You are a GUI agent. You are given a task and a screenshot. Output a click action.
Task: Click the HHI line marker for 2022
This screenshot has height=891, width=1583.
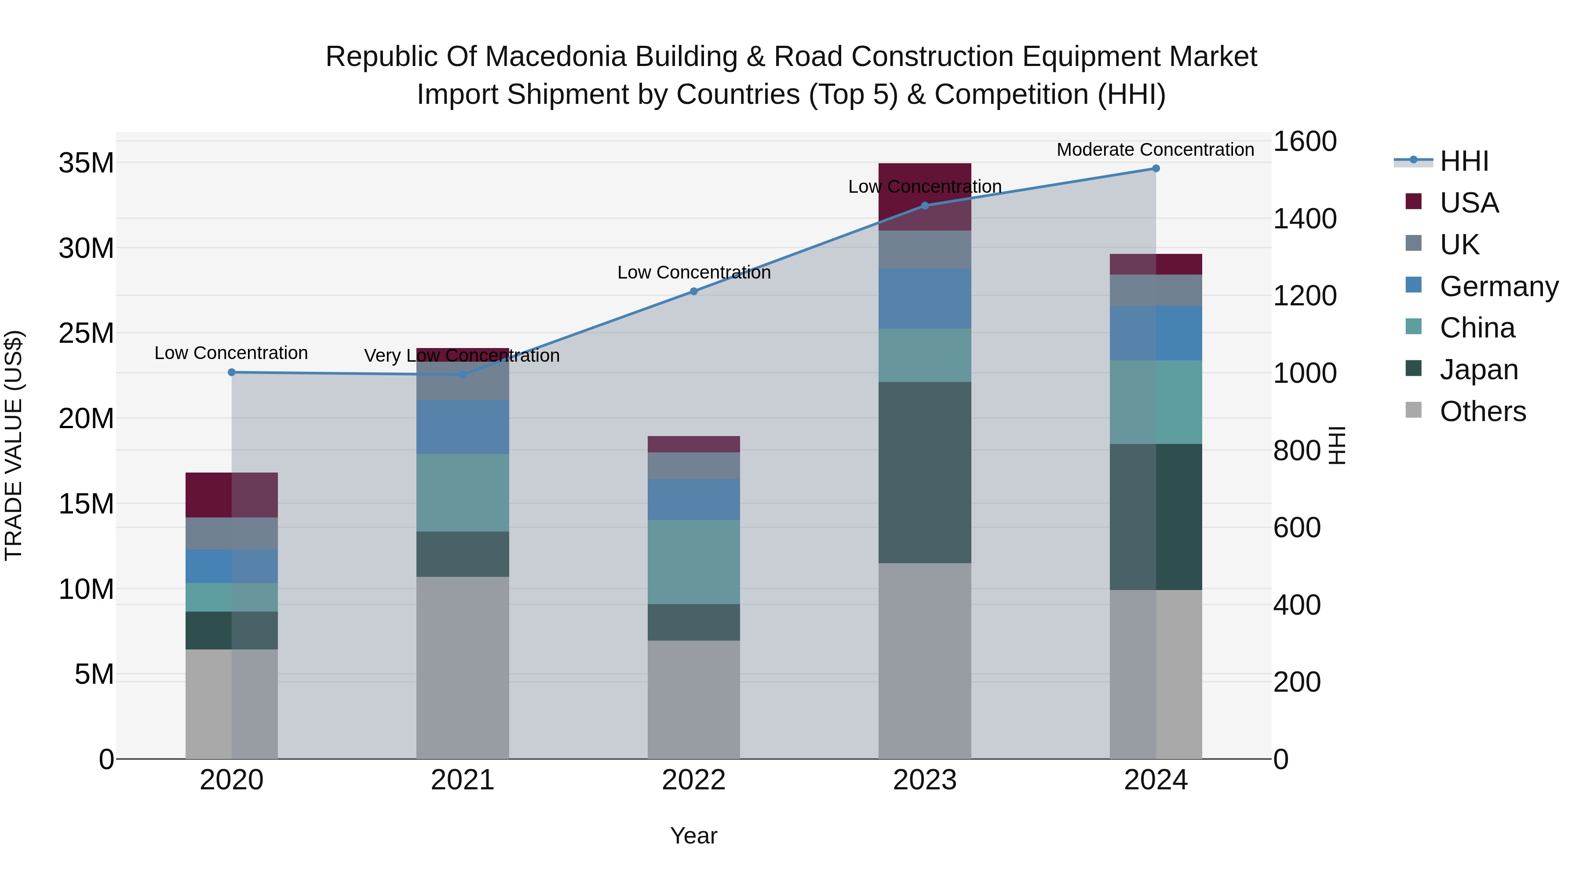click(x=694, y=291)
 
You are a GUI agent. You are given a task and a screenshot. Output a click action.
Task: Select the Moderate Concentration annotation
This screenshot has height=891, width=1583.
click(x=1155, y=150)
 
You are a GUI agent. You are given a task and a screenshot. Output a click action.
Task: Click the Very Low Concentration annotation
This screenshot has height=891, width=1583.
click(x=462, y=356)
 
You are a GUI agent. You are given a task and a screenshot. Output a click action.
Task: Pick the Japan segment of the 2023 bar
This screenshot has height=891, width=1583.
click(x=925, y=472)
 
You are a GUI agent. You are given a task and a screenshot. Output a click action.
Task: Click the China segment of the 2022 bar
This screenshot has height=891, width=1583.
click(x=694, y=562)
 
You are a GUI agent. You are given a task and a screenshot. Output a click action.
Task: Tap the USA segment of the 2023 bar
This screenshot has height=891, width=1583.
click(x=925, y=197)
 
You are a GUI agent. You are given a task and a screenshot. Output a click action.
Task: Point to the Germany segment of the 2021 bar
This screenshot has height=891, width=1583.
click(x=463, y=427)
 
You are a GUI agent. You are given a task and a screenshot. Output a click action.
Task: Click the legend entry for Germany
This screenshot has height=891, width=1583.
click(x=1499, y=286)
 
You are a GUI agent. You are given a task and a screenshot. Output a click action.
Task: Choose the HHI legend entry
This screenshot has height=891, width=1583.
click(x=1464, y=161)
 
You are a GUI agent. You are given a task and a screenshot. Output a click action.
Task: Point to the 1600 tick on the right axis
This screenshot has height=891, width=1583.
click(x=1305, y=141)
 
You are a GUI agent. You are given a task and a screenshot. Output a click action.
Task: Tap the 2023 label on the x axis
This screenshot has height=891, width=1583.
click(x=925, y=780)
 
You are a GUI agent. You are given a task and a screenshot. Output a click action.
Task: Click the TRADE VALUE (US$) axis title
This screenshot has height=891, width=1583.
click(x=14, y=445)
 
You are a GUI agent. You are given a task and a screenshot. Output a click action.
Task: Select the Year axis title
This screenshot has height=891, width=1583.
click(x=694, y=836)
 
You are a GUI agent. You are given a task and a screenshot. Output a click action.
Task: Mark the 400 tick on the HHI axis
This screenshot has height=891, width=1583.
click(x=1297, y=605)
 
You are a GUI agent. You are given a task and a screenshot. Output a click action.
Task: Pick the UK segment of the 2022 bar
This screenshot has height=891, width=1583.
click(x=694, y=466)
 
